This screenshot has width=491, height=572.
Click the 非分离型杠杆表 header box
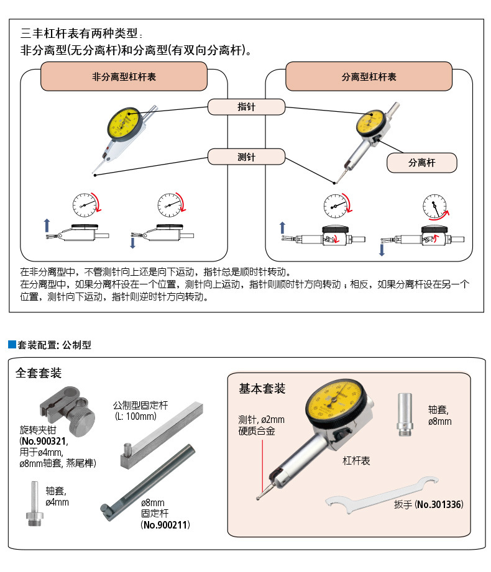(124, 77)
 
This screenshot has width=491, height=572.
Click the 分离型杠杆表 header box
(369, 77)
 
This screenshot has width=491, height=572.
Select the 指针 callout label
(246, 107)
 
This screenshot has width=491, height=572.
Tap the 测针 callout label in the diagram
(246, 157)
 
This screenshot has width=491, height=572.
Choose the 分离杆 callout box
(421, 163)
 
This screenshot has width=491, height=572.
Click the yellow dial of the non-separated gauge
(124, 125)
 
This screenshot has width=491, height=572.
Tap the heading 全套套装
(39, 373)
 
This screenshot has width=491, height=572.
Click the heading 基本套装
(262, 389)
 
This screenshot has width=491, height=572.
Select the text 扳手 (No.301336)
(428, 504)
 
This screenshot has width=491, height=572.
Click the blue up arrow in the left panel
(46, 224)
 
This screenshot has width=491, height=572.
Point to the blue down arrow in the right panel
(382, 250)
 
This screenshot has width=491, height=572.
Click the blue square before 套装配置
(11, 344)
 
